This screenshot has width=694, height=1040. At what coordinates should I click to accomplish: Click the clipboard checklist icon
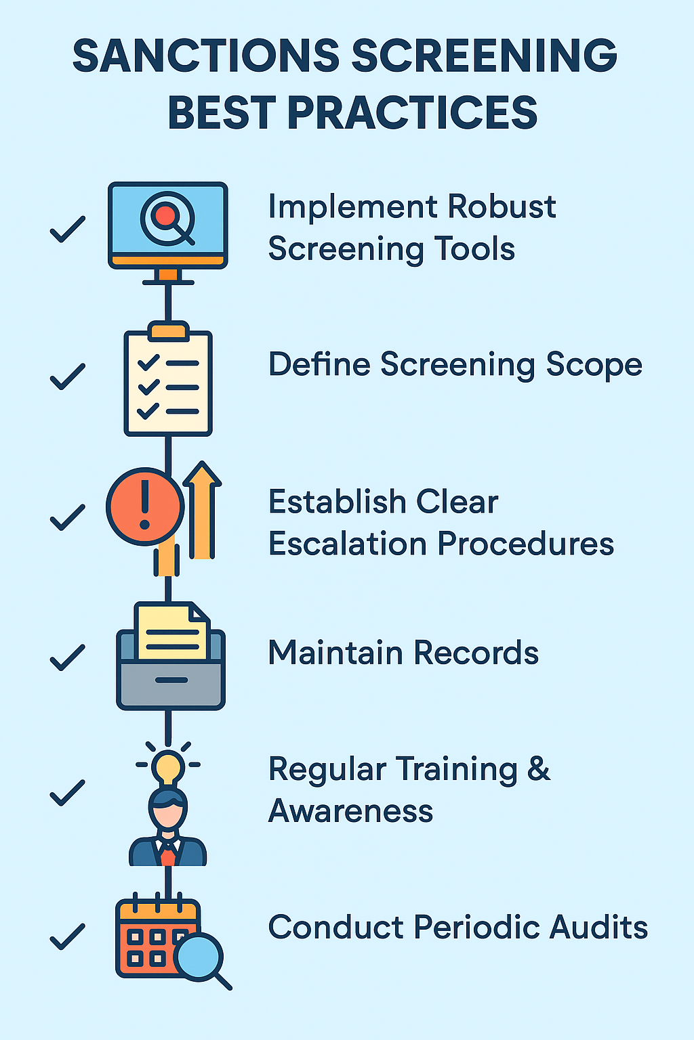pos(168,383)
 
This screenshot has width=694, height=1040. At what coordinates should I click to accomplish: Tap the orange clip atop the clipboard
pos(168,331)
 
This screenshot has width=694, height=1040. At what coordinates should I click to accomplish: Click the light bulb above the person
pos(167,766)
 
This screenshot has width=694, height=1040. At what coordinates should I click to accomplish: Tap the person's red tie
pos(168,854)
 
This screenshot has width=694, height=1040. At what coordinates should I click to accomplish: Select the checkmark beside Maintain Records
pos(68,657)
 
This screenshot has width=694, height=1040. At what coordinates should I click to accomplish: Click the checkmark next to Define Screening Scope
pos(68,376)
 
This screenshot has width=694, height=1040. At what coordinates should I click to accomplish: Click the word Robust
pos(502,207)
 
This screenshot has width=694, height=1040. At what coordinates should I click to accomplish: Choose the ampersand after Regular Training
pos(538,769)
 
